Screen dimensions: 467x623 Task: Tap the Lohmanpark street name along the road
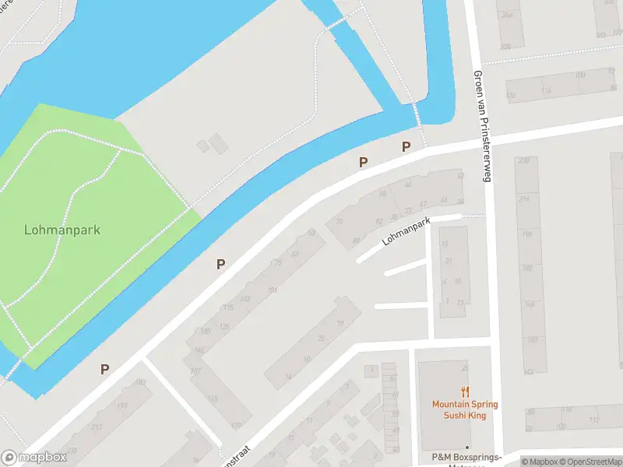(406, 233)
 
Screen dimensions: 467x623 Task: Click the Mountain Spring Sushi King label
(465, 409)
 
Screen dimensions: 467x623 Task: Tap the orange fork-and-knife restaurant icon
(465, 392)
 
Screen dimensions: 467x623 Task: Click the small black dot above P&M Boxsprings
(466, 448)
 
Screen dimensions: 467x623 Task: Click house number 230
(523, 161)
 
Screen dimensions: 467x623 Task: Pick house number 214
(525, 199)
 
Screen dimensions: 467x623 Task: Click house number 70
(339, 222)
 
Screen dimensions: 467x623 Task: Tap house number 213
(96, 427)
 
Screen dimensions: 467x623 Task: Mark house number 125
(224, 326)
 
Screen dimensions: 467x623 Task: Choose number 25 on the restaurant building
(465, 368)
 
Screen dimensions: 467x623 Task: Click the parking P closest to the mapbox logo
(104, 369)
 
